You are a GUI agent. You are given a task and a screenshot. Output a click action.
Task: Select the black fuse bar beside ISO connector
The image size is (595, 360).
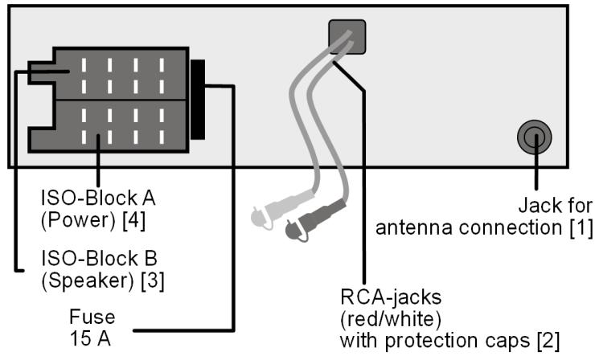198,98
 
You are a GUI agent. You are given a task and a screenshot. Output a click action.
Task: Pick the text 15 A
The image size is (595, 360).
87,337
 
